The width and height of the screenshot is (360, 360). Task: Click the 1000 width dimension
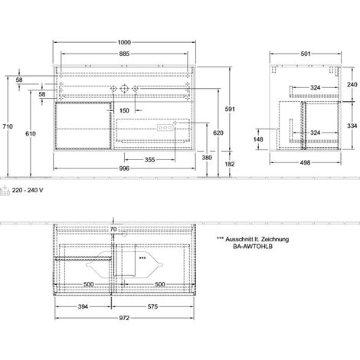click(124, 42)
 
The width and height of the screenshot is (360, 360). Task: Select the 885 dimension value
click(124, 54)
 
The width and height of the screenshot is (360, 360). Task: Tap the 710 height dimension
click(8, 126)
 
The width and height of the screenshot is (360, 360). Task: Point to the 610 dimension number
click(31, 133)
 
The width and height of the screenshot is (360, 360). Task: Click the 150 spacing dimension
click(124, 110)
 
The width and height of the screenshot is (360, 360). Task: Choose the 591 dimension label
click(230, 110)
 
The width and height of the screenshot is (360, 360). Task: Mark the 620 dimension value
click(218, 133)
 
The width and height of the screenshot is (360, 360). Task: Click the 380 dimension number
click(207, 158)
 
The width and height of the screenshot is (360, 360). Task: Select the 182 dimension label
click(230, 164)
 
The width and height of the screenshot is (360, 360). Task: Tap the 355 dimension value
click(149, 160)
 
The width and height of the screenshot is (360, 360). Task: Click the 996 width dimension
click(124, 169)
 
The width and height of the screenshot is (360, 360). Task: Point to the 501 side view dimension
click(306, 54)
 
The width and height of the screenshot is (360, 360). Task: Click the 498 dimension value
click(306, 162)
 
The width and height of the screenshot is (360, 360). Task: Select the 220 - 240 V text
click(28, 190)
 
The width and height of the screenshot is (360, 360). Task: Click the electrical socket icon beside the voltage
click(5, 191)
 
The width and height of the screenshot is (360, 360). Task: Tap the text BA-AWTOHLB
click(253, 247)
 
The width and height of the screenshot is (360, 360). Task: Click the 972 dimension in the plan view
click(124, 318)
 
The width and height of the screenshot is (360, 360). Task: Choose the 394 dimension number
click(83, 306)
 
